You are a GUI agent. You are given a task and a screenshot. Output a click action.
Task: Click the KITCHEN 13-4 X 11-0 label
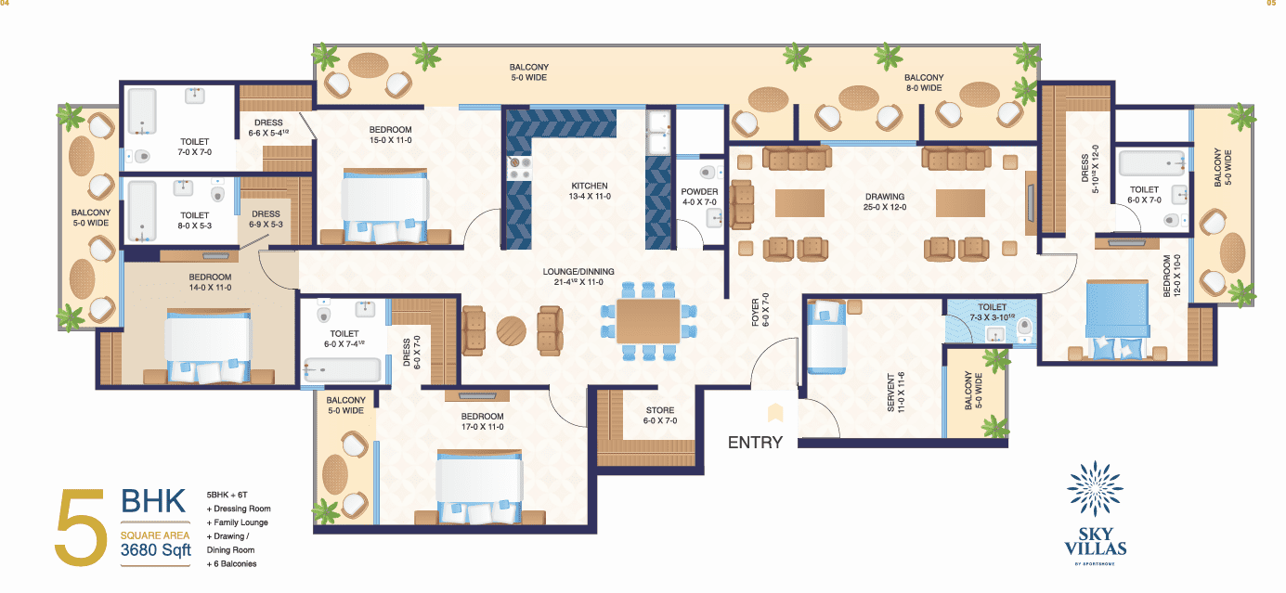tap(589, 191)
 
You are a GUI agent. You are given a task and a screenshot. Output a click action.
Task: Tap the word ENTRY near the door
tap(755, 443)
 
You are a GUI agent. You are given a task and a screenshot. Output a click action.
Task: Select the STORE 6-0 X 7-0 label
tap(659, 416)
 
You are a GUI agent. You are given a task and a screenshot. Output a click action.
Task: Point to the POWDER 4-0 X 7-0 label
tap(700, 198)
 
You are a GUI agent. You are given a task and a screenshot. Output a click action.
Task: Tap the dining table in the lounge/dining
tap(647, 320)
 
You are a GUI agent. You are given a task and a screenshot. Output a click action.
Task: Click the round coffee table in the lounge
tap(511, 331)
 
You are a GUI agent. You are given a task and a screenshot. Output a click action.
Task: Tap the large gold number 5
tap(81, 528)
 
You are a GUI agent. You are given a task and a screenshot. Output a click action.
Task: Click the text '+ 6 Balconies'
tap(231, 563)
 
